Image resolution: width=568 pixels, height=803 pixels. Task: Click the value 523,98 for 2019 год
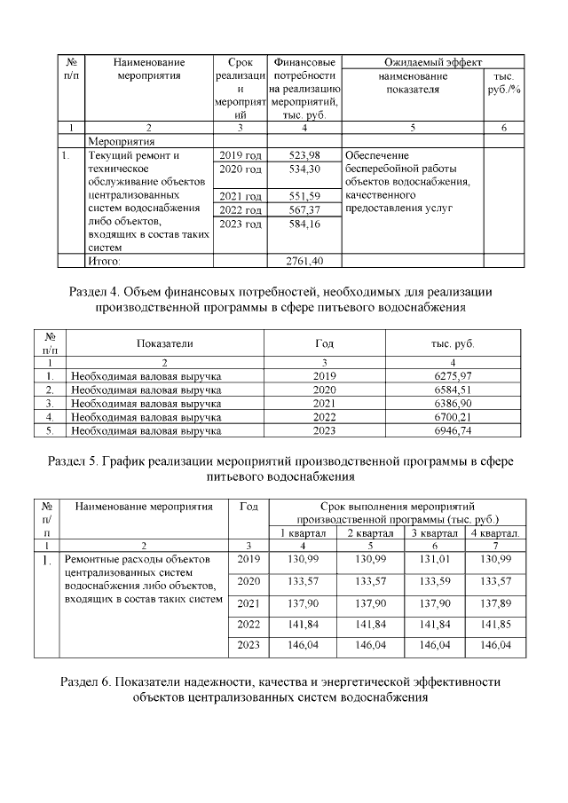point(304,155)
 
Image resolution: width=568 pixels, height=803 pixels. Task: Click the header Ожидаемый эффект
point(432,63)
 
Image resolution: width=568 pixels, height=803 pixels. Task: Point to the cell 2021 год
point(241,195)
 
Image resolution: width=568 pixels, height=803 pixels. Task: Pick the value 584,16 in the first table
point(304,224)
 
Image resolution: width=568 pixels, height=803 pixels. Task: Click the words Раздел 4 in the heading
point(94,291)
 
